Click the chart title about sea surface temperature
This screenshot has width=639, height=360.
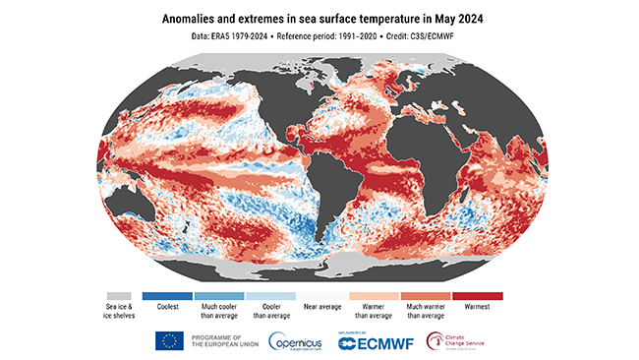coord(319,18)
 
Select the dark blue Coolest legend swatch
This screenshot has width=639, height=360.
coord(167,295)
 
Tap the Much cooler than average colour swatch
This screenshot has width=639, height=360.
coord(217,295)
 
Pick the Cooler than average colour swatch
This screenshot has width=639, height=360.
coord(268,295)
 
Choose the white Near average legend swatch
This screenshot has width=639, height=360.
coord(319,295)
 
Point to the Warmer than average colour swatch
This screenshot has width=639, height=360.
coord(371,295)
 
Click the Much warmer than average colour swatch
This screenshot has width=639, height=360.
coord(421,295)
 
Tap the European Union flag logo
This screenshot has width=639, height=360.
coord(169,340)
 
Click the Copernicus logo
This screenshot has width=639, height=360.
coord(298,340)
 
